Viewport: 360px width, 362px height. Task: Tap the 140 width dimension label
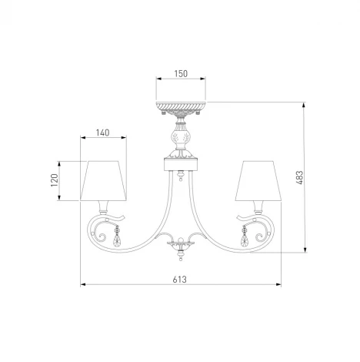(x=102, y=132)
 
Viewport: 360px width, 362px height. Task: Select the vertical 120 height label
(x=54, y=180)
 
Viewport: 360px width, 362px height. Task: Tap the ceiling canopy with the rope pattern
(x=179, y=105)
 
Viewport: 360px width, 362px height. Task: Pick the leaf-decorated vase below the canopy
(x=179, y=139)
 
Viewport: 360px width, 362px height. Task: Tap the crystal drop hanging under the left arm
(x=117, y=236)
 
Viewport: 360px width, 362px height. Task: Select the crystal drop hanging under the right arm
(x=245, y=236)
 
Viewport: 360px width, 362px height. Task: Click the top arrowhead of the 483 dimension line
(x=308, y=104)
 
